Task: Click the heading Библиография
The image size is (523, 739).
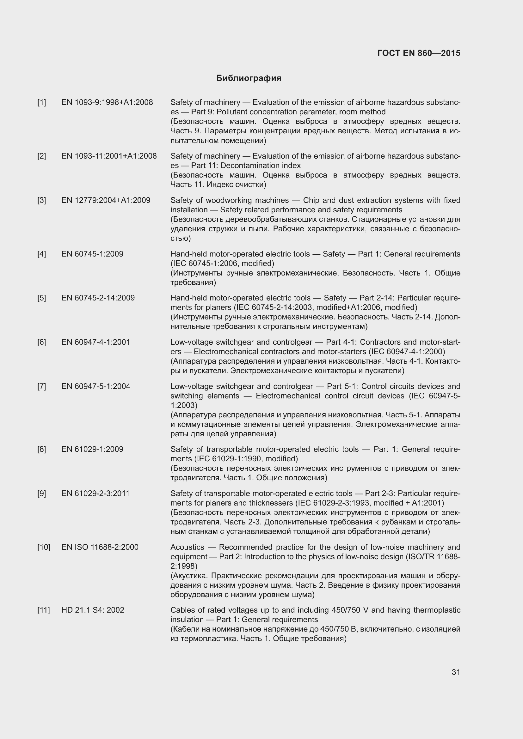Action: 249,78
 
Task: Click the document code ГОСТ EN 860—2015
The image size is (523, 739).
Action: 418,53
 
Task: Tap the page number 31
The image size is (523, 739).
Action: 456,672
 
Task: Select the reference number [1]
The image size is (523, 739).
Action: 41,102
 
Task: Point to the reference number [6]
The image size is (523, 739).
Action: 41,342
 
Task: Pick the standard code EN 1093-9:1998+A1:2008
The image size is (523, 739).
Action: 107,102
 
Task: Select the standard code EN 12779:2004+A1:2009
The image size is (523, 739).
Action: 106,200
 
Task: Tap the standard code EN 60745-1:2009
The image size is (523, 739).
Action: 92,254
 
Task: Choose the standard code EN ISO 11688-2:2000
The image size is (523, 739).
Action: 100,547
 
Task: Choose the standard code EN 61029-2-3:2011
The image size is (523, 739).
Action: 95,494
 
